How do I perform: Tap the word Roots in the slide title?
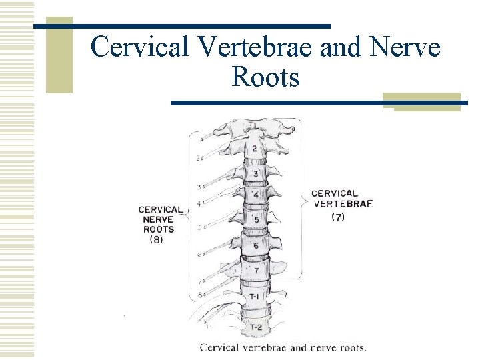265,77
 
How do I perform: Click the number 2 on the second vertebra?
254,148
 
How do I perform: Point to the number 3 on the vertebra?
255,174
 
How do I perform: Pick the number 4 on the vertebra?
255,195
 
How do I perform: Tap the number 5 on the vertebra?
256,220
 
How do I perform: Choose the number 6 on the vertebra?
255,246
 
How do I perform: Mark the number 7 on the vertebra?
255,271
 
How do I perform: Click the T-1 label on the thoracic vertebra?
255,296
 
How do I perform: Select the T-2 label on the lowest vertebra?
255,327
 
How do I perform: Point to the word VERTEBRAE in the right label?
342,205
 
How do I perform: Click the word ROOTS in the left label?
159,229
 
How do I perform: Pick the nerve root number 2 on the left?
199,158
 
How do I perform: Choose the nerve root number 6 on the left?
199,254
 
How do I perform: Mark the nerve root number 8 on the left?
200,294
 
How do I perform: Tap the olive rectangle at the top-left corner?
59,55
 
